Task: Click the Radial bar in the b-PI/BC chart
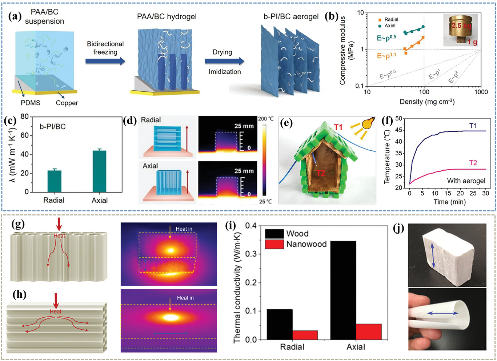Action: coord(54,181)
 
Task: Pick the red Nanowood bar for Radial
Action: coord(305,335)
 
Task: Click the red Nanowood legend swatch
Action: coord(274,244)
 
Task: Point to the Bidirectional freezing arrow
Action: coord(105,61)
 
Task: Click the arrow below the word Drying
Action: coord(224,61)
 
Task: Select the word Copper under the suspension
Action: coord(67,103)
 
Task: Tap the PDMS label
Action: coord(31,103)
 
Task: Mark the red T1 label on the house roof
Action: coord(338,127)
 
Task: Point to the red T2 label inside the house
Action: coord(321,173)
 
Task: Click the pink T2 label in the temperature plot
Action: coord(473,163)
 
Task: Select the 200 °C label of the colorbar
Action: coord(266,119)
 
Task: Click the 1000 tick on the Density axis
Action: coord(481,92)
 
